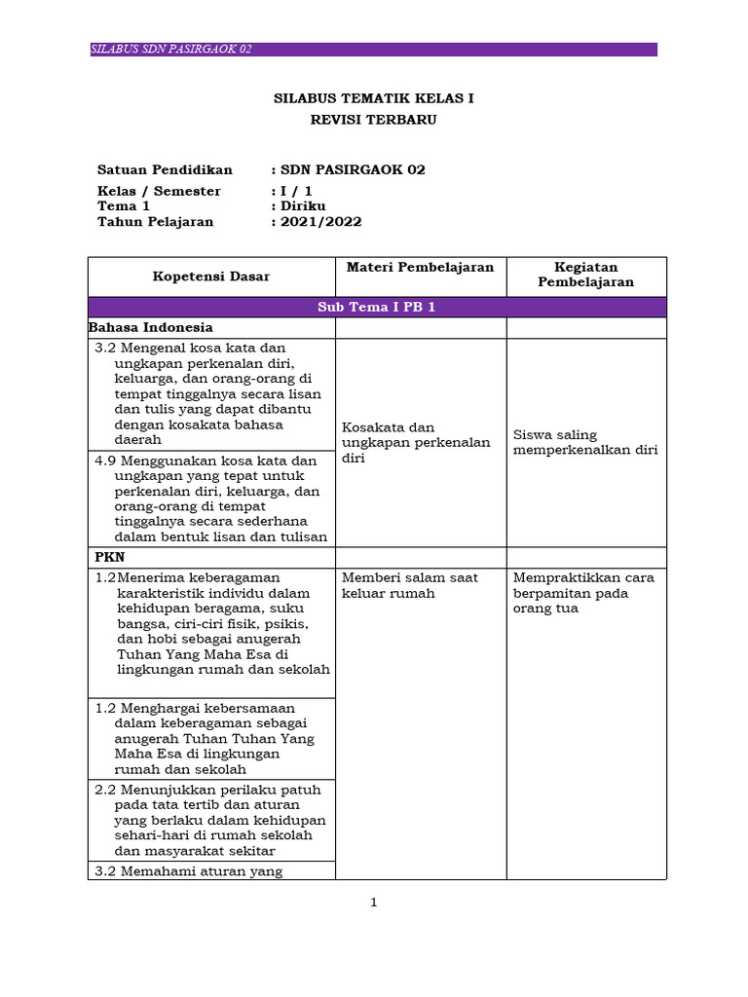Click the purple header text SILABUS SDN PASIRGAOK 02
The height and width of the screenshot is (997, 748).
pyautogui.click(x=171, y=50)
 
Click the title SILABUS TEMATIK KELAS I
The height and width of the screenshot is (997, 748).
pyautogui.click(x=374, y=99)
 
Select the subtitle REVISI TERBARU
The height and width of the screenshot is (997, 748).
pyautogui.click(x=374, y=120)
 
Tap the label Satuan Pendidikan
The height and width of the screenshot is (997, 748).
pyautogui.click(x=165, y=169)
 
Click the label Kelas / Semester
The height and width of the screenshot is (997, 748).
pyautogui.click(x=159, y=191)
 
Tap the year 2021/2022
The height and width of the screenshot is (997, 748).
pyautogui.click(x=320, y=222)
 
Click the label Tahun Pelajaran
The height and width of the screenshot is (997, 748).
pyautogui.click(x=155, y=222)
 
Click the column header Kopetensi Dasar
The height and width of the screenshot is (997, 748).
pyautogui.click(x=211, y=277)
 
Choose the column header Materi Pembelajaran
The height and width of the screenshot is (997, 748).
pyautogui.click(x=420, y=267)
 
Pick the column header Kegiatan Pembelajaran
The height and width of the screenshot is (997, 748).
pyautogui.click(x=586, y=275)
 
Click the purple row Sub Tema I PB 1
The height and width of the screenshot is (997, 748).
pyautogui.click(x=376, y=308)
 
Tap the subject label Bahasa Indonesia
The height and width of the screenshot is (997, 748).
pyautogui.click(x=151, y=327)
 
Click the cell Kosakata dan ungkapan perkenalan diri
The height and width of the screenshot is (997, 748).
pyautogui.click(x=416, y=442)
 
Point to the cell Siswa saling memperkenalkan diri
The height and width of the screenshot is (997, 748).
pyautogui.click(x=584, y=442)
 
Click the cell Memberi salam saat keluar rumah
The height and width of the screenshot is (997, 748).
pyautogui.click(x=410, y=585)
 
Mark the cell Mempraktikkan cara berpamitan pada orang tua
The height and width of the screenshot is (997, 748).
pyautogui.click(x=583, y=593)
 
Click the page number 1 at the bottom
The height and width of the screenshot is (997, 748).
pyautogui.click(x=373, y=903)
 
